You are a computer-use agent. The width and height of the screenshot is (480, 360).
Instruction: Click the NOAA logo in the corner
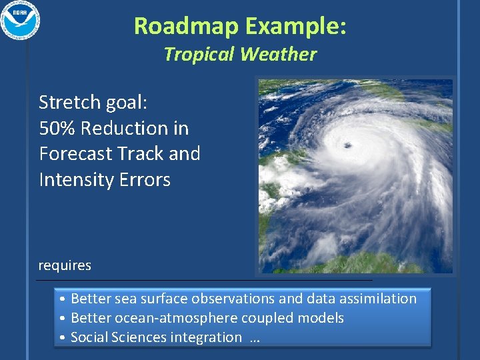tap(21, 21)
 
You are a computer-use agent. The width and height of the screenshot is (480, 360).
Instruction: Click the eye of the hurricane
tap(347, 145)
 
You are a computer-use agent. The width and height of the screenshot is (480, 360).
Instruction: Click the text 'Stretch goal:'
tap(93, 102)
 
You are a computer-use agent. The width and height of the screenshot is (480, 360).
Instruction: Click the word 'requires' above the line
tap(65, 265)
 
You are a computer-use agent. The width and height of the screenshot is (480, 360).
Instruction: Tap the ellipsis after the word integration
tap(253, 339)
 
